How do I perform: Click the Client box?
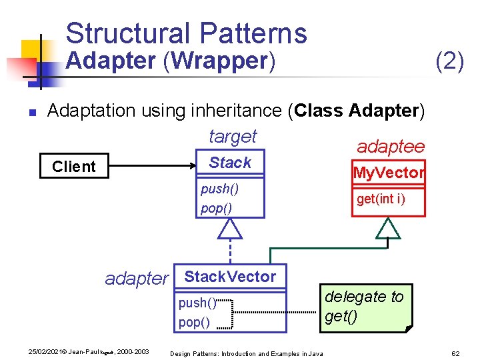[74, 167]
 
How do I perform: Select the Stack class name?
[230, 163]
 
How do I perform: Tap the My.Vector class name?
[389, 173]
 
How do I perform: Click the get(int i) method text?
[381, 199]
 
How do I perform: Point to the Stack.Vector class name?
[229, 277]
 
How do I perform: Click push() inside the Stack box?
[219, 189]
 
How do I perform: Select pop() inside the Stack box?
[216, 208]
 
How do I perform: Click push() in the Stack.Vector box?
[197, 303]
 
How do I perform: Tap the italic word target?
[232, 137]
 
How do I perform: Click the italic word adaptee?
[390, 146]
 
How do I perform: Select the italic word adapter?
[137, 279]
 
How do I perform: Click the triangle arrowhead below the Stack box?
[230, 229]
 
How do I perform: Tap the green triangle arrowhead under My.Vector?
[387, 229]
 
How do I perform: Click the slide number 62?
[456, 353]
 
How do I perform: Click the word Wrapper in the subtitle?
[219, 61]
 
